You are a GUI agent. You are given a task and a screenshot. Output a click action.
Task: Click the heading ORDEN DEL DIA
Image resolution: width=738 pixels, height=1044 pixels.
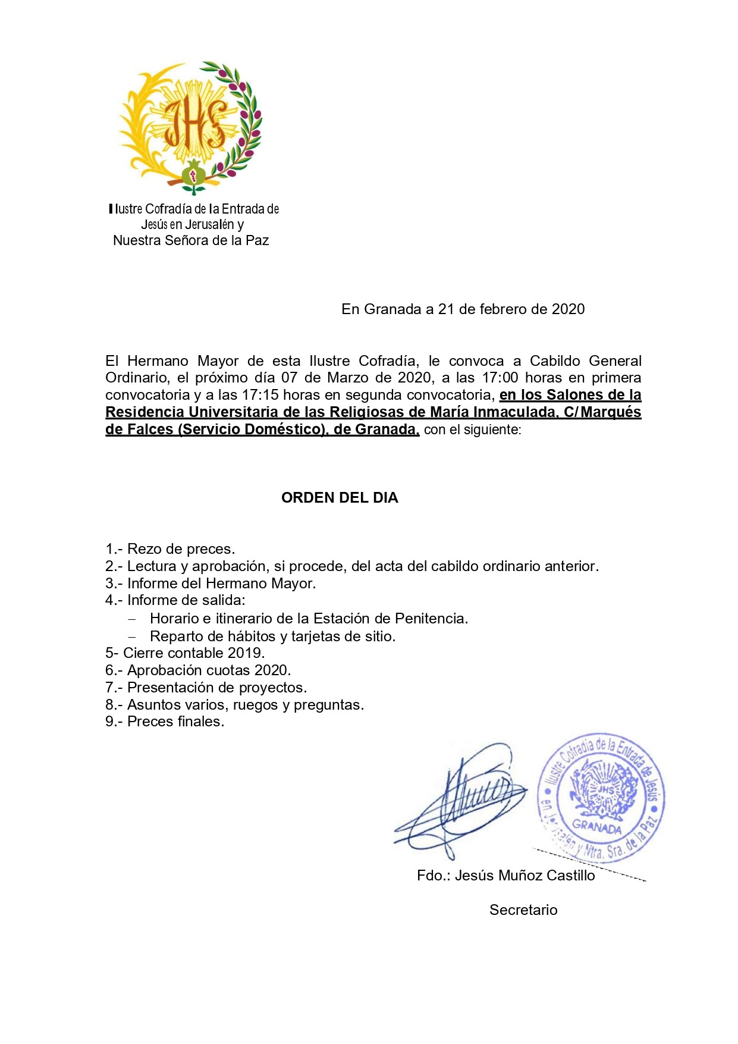[x=340, y=498]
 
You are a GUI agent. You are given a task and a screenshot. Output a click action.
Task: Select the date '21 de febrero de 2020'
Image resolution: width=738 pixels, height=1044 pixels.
[x=511, y=309]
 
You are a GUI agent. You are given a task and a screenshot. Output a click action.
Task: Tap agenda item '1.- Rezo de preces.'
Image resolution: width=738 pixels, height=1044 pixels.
[x=170, y=549]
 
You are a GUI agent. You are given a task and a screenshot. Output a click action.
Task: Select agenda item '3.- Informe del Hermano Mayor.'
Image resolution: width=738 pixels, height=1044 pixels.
[x=211, y=584]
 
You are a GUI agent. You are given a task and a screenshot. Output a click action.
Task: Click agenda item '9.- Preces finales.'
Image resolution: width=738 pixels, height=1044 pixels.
[x=165, y=722]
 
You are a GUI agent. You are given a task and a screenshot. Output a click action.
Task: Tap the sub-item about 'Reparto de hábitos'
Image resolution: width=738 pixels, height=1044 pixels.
[x=272, y=637]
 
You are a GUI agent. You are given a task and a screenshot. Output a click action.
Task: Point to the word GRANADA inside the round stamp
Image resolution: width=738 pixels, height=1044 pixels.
[x=596, y=827]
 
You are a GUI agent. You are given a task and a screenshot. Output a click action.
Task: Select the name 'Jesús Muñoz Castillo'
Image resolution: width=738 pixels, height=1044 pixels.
[x=525, y=876]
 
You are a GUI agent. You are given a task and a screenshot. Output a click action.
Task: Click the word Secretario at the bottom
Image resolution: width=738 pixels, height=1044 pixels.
[x=523, y=910]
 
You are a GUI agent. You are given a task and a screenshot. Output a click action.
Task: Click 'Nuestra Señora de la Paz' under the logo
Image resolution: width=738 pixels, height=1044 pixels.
[x=191, y=240]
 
